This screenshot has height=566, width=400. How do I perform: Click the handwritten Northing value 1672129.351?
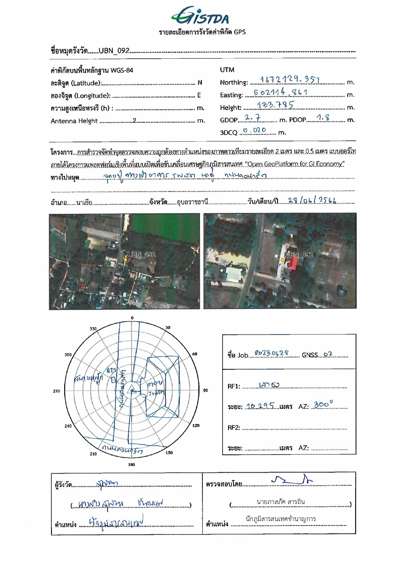(x=289, y=79)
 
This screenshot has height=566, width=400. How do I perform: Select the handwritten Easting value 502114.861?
(x=280, y=92)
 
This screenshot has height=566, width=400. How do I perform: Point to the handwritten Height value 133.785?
(x=275, y=105)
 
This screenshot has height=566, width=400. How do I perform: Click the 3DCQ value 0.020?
(x=255, y=130)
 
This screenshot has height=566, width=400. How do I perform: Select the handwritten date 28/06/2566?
(x=312, y=200)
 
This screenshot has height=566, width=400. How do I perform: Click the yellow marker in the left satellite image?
(x=125, y=260)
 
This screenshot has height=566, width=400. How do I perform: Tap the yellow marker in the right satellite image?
(x=283, y=260)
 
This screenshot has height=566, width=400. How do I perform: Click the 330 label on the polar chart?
(x=93, y=329)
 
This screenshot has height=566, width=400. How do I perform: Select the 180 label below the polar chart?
(x=132, y=464)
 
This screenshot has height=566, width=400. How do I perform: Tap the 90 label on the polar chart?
(x=205, y=390)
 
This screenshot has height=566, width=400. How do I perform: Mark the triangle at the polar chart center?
(x=132, y=391)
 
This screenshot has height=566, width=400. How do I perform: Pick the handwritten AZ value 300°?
(x=323, y=404)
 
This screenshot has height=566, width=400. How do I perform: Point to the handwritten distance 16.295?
(x=260, y=406)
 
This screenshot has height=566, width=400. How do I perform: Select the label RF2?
(x=234, y=428)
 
